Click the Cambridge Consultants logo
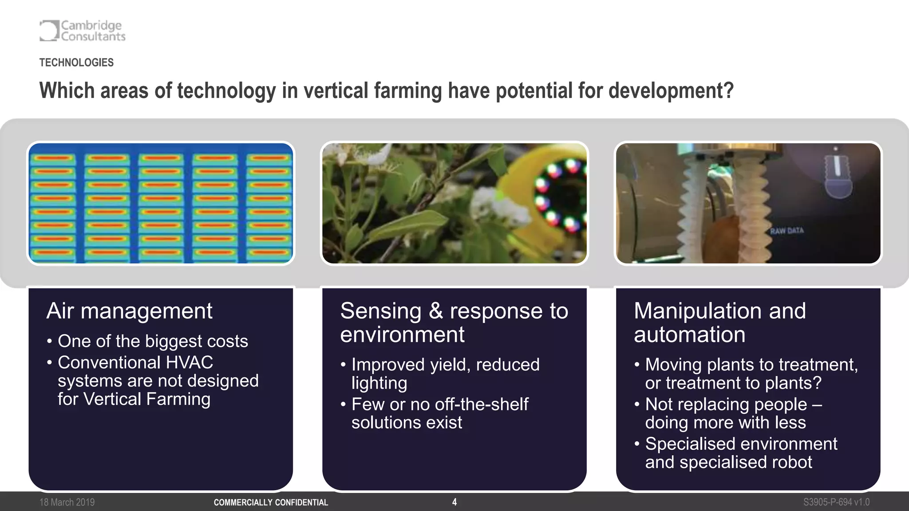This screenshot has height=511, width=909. coord(83,31)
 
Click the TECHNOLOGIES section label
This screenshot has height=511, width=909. coord(76,63)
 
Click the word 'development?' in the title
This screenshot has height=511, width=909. coord(671,91)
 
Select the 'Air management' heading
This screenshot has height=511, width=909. coord(129,311)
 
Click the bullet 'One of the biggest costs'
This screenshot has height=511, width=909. coord(152,341)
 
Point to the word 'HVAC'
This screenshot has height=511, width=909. coord(189,362)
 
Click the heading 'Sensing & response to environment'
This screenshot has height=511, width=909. coord(454,322)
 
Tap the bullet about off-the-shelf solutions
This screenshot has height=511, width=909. coord(439,413)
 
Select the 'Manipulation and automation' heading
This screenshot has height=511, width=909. coord(719,322)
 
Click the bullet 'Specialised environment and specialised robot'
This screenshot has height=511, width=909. coord(740,453)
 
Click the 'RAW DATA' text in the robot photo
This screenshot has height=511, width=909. coord(786,231)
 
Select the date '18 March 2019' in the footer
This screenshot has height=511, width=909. coord(67,502)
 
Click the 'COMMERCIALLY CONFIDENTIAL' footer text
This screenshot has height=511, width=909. coord(271,503)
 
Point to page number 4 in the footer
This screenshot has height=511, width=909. coord(454,502)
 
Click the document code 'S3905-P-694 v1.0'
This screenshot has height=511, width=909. coord(836,502)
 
